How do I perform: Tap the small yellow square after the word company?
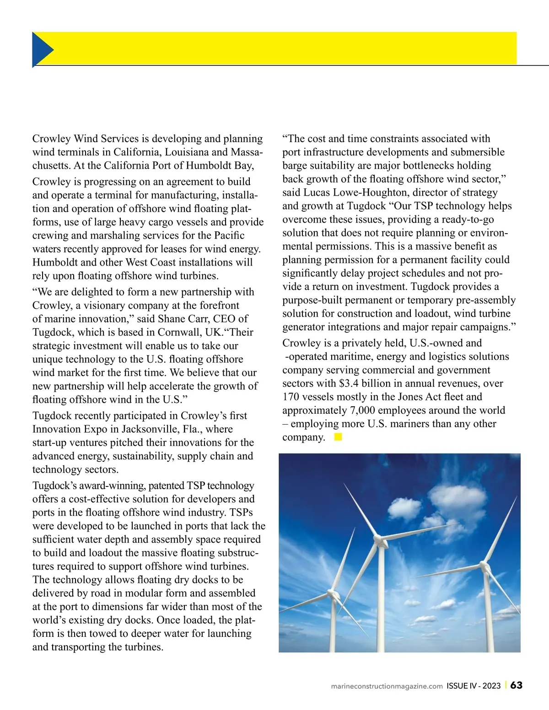tap(338, 437)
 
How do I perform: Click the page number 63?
tap(517, 685)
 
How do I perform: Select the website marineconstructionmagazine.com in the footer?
tap(387, 686)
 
